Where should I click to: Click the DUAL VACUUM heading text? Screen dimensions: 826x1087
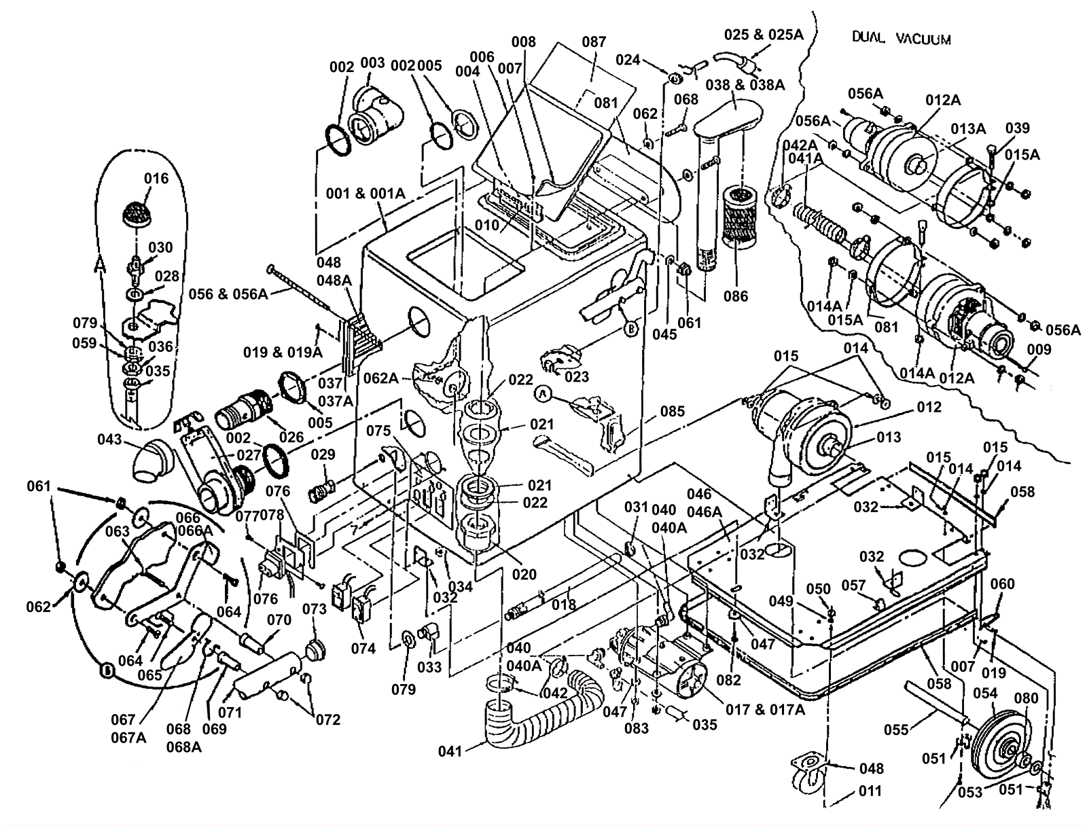[x=902, y=39]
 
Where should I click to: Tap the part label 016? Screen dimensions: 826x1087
[x=156, y=179]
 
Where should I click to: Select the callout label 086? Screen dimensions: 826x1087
[x=735, y=296]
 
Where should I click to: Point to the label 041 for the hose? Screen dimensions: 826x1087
[x=450, y=751]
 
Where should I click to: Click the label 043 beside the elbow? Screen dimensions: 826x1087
[x=109, y=439]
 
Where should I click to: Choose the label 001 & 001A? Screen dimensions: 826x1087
[x=366, y=194]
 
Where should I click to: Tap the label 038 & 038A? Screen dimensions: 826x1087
[x=745, y=85]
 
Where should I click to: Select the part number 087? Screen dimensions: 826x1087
[x=594, y=42]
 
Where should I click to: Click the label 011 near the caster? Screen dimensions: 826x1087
[x=870, y=791]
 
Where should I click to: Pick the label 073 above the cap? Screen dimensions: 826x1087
[x=315, y=609]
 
